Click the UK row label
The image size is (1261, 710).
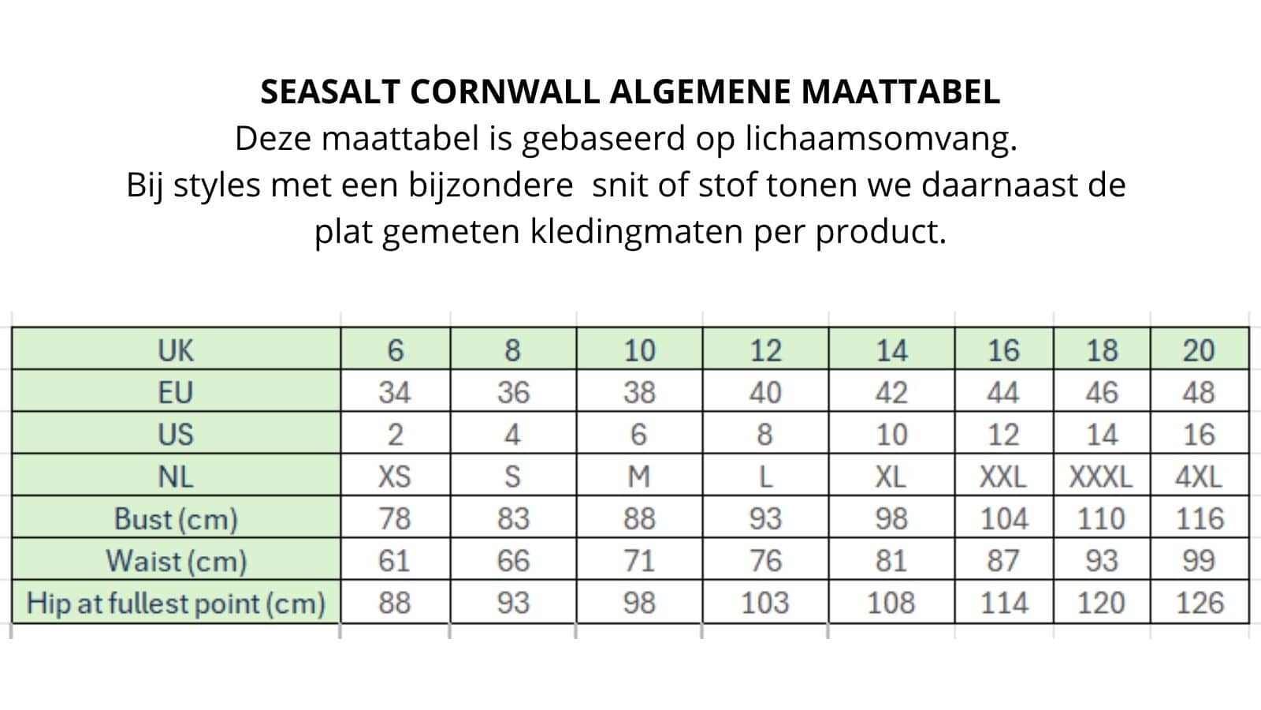pyautogui.click(x=175, y=350)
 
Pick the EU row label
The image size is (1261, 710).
pyautogui.click(x=175, y=392)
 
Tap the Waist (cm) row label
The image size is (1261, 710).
pyautogui.click(x=177, y=561)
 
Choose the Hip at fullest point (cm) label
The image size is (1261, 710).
pyautogui.click(x=177, y=603)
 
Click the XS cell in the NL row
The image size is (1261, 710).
pyautogui.click(x=394, y=476)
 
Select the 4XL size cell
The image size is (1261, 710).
pyautogui.click(x=1199, y=476)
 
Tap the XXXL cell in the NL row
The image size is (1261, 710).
pyautogui.click(x=1100, y=476)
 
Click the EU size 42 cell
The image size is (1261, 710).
pyautogui.click(x=891, y=392)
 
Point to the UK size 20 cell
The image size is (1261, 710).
pyautogui.click(x=1199, y=350)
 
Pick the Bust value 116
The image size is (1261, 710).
pyautogui.click(x=1199, y=519)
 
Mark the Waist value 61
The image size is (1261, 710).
pyautogui.click(x=394, y=561)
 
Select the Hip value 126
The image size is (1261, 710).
pyautogui.click(x=1199, y=603)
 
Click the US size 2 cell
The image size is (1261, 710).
pyautogui.click(x=395, y=435)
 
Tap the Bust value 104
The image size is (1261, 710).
pyautogui.click(x=1003, y=519)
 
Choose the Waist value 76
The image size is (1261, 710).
pyautogui.click(x=764, y=561)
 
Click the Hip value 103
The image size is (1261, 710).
pyautogui.click(x=764, y=603)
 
